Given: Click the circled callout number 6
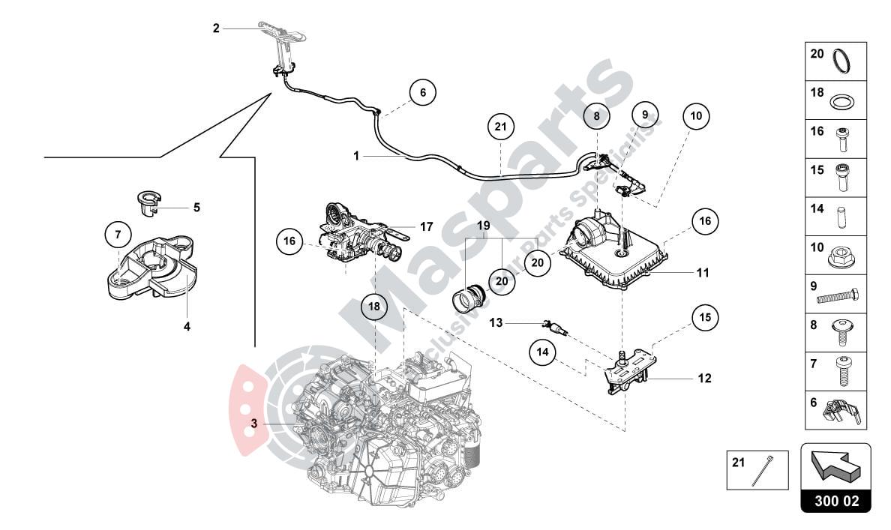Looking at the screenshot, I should (x=423, y=93).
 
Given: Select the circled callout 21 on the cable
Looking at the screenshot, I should (x=500, y=127).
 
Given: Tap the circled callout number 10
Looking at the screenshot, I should (x=697, y=115).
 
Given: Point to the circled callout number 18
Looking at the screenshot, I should (x=374, y=307).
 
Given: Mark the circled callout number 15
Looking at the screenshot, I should (x=705, y=317).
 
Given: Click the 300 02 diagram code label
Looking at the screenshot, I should (x=836, y=501).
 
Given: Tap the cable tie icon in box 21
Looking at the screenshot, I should (x=770, y=470).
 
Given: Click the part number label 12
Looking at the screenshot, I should (x=704, y=379).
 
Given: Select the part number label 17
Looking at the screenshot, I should (x=427, y=226).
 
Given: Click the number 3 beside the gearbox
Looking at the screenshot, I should (x=254, y=424).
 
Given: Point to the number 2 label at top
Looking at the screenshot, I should (x=216, y=28).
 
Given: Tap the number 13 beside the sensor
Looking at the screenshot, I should (x=496, y=323).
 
